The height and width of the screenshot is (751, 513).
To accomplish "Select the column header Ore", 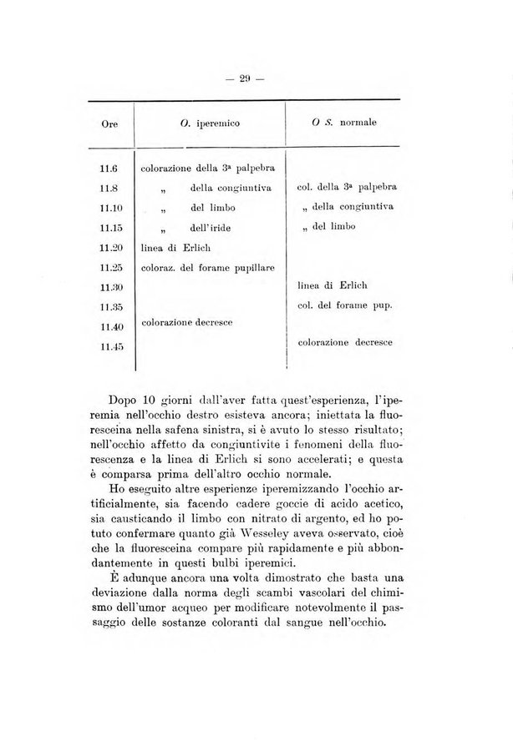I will tap(109, 123).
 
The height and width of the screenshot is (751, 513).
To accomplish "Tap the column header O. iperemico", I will tap(210, 123).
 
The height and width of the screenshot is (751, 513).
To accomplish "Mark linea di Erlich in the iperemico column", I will tap(172, 247).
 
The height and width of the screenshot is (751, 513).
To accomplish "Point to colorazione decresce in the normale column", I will tap(344, 341).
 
